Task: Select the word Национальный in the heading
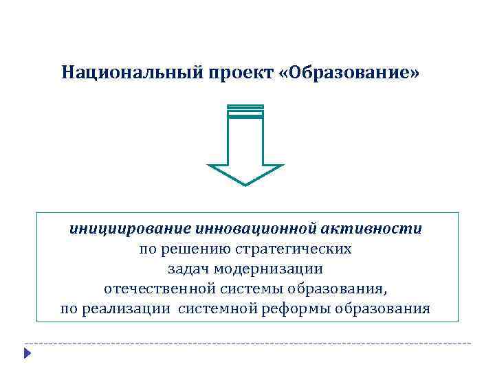click(x=130, y=72)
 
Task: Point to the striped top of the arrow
click(x=245, y=110)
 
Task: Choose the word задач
click(x=185, y=268)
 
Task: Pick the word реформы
click(x=295, y=308)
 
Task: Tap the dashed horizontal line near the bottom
click(x=247, y=343)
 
